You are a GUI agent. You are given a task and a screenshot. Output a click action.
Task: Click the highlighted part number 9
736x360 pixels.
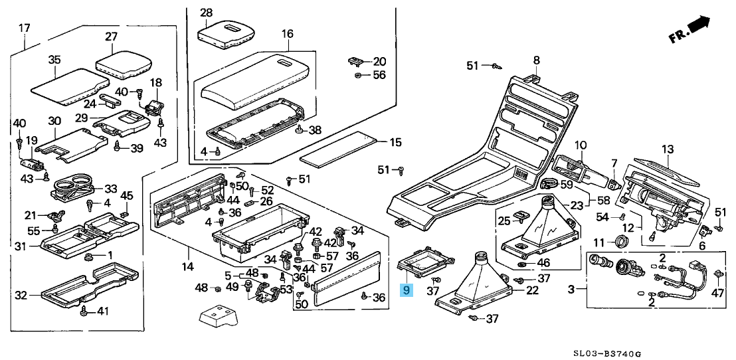(407, 290)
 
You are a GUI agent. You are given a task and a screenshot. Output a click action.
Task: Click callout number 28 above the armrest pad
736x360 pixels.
(206, 13)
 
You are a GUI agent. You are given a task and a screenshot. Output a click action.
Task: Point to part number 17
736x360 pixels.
(25, 28)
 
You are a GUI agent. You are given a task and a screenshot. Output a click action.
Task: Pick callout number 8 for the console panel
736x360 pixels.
(536, 60)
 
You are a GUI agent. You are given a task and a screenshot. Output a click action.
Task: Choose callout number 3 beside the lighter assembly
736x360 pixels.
(571, 290)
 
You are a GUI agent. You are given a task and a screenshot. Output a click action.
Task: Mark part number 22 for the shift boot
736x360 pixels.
(533, 290)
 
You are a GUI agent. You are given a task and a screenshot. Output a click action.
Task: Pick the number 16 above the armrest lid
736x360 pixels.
(287, 33)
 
